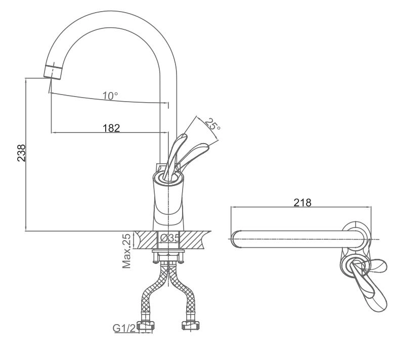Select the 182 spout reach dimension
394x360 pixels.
[110, 128]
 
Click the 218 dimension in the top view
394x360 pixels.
[302, 202]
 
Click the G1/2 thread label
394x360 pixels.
[124, 329]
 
